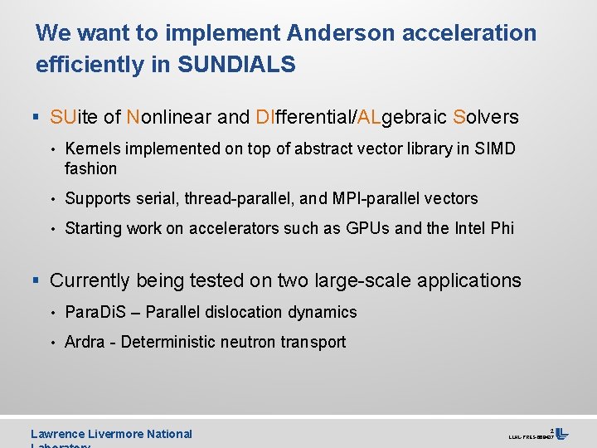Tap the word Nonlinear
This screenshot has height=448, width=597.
(x=169, y=117)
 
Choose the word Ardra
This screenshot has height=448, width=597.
(x=85, y=342)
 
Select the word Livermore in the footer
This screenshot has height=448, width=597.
(x=118, y=434)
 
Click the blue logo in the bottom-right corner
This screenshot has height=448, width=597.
(x=561, y=433)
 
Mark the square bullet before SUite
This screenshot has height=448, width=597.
(x=38, y=118)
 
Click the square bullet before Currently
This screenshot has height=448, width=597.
(x=38, y=281)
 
